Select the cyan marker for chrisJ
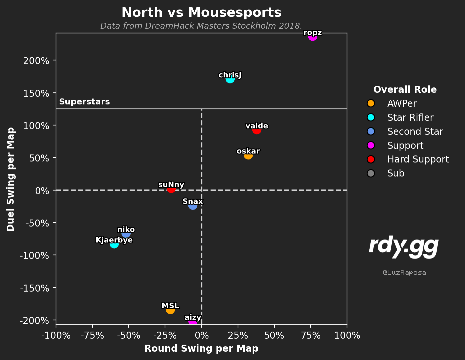[x=230, y=79]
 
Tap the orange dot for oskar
[x=248, y=155]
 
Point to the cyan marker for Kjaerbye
[x=114, y=244]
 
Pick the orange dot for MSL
[x=170, y=310]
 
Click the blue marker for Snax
[x=193, y=206]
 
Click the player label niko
[x=126, y=230]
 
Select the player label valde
[x=257, y=126]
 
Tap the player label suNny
[x=171, y=185]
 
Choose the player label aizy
[x=193, y=317]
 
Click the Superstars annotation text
[x=84, y=102]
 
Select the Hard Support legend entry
[x=408, y=159]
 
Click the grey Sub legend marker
[x=371, y=173]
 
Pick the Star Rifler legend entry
[x=400, y=117]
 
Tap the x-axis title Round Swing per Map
[x=201, y=348]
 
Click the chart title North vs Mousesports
[x=201, y=12]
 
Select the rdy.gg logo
[x=404, y=247]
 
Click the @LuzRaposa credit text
[x=404, y=273]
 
